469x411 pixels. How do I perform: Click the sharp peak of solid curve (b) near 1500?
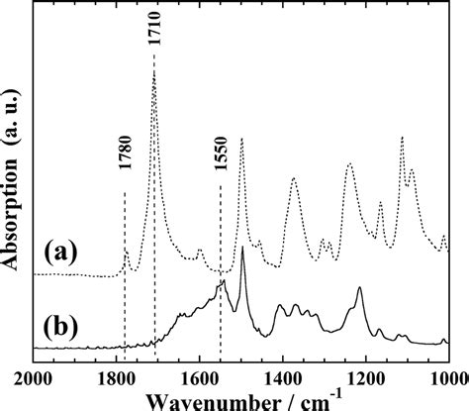coord(242,248)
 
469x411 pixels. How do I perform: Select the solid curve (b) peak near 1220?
coord(359,288)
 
